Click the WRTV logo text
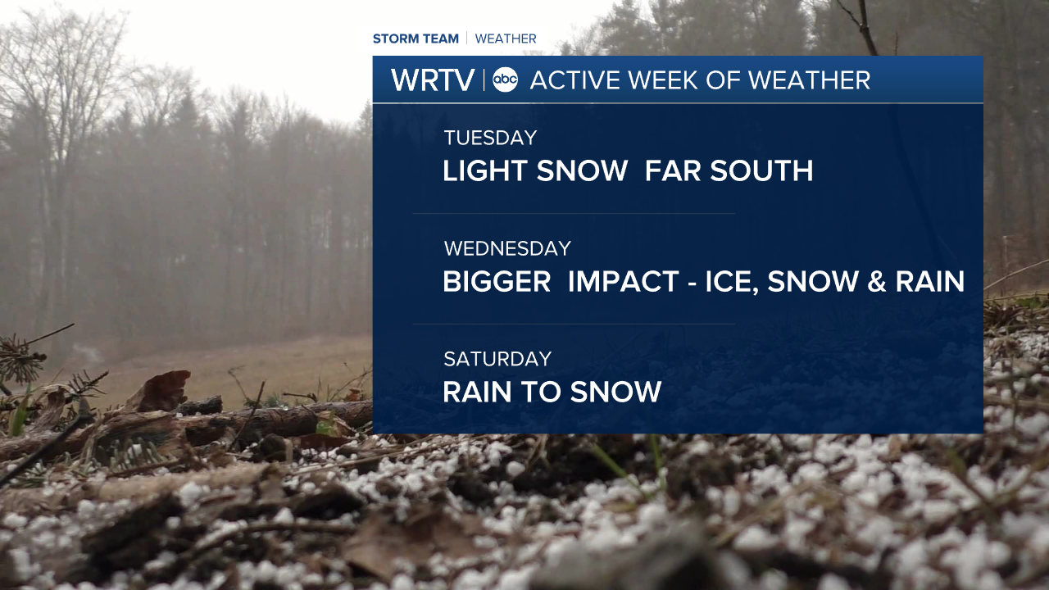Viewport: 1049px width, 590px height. click(433, 80)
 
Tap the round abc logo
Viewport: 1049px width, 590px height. click(506, 79)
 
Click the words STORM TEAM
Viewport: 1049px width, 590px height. click(416, 39)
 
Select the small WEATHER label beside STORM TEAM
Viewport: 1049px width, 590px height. click(506, 39)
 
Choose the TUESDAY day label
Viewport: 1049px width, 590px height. click(490, 138)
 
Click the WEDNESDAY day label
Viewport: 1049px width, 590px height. click(507, 248)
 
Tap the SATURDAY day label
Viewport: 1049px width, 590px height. click(497, 359)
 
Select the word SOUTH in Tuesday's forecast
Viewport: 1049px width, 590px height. click(761, 170)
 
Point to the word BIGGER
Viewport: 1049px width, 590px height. click(497, 281)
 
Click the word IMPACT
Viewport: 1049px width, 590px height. click(624, 281)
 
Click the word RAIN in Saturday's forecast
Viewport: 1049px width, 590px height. click(477, 392)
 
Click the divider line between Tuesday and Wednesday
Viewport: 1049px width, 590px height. click(574, 214)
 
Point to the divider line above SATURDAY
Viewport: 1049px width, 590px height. click(574, 324)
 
